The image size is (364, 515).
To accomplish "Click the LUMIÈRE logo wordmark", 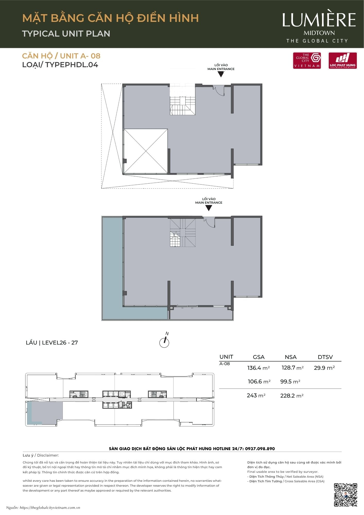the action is (319, 20).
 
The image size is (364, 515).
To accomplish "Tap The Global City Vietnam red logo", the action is (307, 61).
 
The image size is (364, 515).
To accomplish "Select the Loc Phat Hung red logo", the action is (343, 61).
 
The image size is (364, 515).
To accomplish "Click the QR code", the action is (345, 495).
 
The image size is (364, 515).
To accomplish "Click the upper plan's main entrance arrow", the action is (221, 74).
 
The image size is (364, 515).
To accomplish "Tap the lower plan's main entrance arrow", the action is (209, 208).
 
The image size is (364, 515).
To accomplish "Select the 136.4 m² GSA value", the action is (258, 368).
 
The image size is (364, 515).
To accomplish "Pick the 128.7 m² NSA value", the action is (293, 368).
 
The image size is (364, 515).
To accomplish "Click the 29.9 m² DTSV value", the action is (324, 368).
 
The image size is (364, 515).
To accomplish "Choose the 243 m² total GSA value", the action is (256, 395).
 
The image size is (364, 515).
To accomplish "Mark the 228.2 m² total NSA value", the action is (292, 396).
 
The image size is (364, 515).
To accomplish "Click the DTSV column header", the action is (325, 357).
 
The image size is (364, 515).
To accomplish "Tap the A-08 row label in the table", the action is (224, 364).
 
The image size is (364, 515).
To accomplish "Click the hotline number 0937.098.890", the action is (260, 449).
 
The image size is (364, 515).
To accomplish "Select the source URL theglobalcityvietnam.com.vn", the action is (50, 508).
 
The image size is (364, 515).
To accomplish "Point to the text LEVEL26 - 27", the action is (60, 342).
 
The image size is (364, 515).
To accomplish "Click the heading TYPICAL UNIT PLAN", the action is (66, 33).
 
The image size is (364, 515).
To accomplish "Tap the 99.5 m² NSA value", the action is (290, 381).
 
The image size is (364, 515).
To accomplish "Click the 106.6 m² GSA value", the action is (259, 381).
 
